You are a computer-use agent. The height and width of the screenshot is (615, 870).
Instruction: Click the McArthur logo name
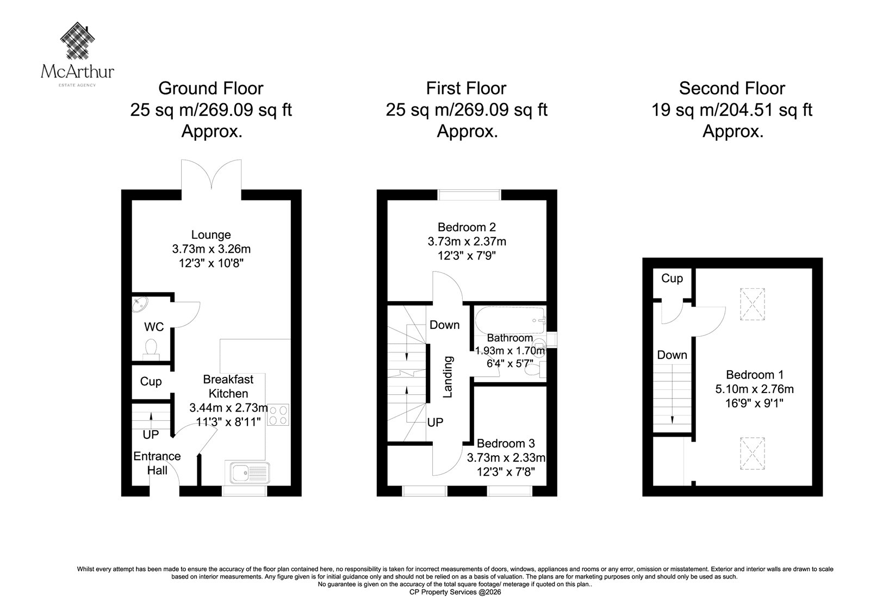pyautogui.click(x=77, y=71)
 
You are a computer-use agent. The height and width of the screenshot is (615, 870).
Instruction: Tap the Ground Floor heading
pyautogui.click(x=211, y=89)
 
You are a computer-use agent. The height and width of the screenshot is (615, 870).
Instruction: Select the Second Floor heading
pyautogui.click(x=732, y=89)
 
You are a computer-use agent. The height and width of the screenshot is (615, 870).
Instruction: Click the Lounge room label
pyautogui.click(x=211, y=235)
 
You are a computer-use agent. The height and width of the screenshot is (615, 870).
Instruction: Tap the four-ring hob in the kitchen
pyautogui.click(x=278, y=414)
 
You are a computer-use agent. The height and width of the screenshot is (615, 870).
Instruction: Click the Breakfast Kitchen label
pyautogui.click(x=228, y=386)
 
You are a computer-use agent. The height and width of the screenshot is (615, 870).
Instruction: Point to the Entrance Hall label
pyautogui.click(x=157, y=463)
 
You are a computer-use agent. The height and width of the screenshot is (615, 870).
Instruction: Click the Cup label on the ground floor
pyautogui.click(x=151, y=382)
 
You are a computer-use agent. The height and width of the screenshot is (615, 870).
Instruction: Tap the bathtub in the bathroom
pyautogui.click(x=511, y=320)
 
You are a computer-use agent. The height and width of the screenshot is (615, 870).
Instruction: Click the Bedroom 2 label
pyautogui.click(x=467, y=227)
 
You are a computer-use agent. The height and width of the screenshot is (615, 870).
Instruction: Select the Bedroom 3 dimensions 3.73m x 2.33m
pyautogui.click(x=506, y=458)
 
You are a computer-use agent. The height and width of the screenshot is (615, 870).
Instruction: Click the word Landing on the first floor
pyautogui.click(x=448, y=377)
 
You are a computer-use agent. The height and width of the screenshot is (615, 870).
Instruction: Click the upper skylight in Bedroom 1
pyautogui.click(x=753, y=304)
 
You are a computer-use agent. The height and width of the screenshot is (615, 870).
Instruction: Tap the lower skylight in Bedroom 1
pyautogui.click(x=753, y=454)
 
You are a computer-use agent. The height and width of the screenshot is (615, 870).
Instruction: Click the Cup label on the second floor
pyautogui.click(x=672, y=278)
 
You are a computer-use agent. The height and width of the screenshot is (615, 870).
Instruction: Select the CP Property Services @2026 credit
pyautogui.click(x=455, y=592)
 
